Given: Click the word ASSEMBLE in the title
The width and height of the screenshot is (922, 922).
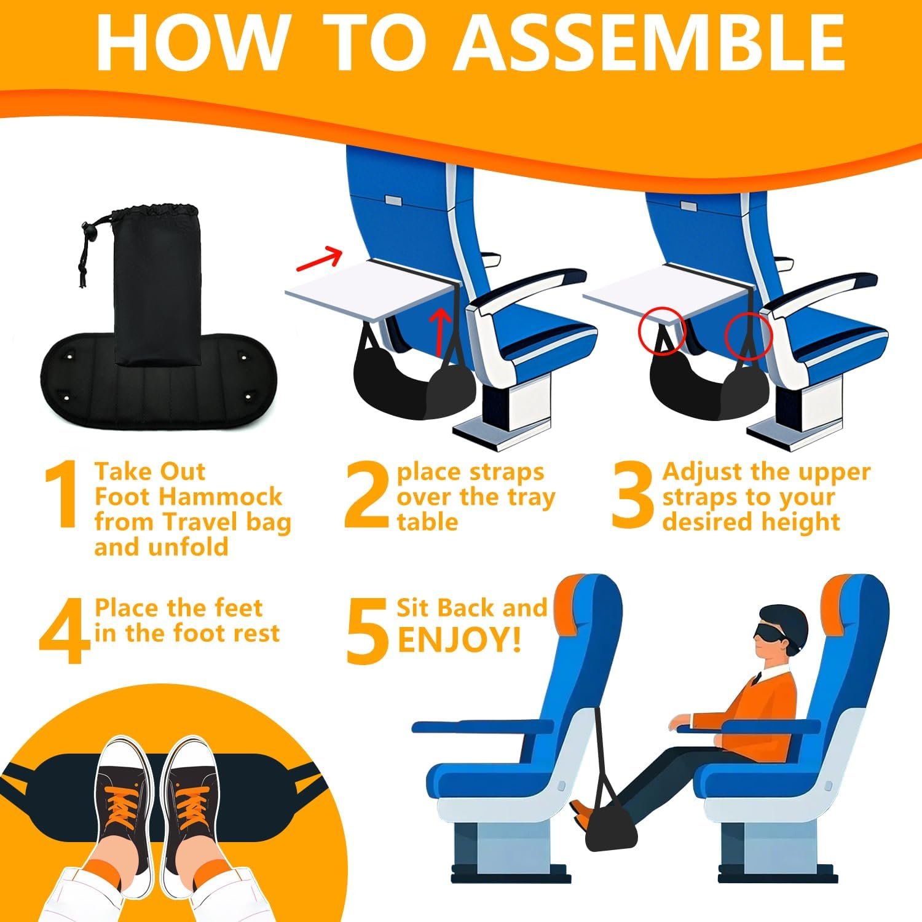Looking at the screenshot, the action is pos(649,41).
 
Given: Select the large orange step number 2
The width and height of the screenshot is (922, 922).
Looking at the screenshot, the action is pos(367,494).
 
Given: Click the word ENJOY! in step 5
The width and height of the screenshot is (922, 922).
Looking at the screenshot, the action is pos(460,639).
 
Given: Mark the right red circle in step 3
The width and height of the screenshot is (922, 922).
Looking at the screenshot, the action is pos(747,334).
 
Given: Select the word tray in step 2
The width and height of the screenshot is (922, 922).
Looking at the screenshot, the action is pos(526,498).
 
